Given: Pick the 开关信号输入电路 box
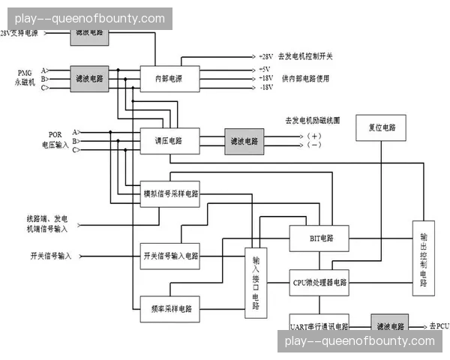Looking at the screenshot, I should (170, 256).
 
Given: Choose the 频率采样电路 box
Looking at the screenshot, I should (170, 307).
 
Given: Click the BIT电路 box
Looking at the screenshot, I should (320, 239).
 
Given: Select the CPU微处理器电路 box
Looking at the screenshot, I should (320, 282).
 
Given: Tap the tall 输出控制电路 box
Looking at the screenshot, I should (424, 259).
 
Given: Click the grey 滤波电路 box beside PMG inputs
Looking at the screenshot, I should (88, 78).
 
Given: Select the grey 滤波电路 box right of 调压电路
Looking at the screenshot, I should (244, 140).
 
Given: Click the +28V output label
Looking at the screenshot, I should (265, 57).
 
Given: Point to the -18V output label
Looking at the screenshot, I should (265, 88).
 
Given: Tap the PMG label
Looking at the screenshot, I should (25, 72).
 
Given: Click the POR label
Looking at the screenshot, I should (55, 135).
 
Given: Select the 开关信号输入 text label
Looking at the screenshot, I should (51, 256).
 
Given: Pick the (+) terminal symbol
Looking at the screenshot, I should (313, 136).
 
